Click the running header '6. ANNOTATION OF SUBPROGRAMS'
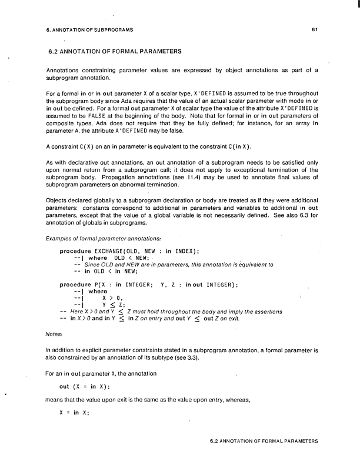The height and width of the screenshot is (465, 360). click(x=88, y=29)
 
